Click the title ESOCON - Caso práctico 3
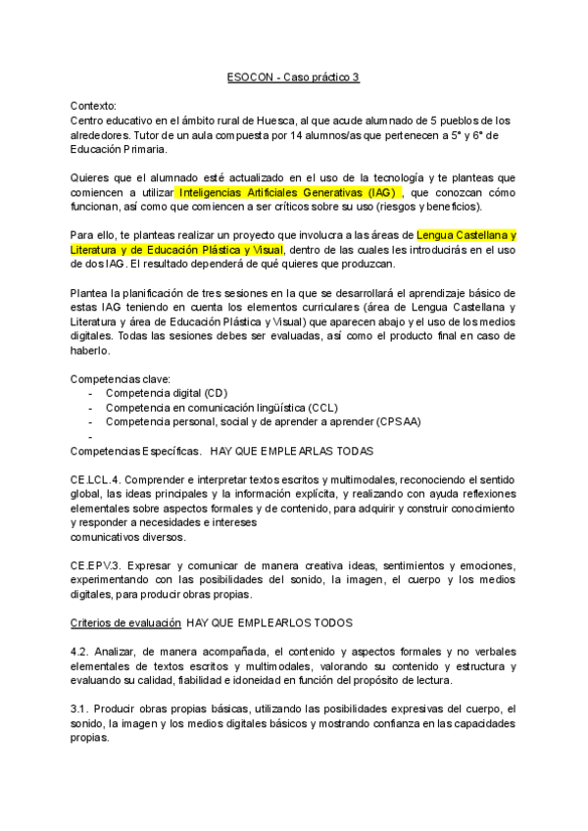pyautogui.click(x=293, y=75)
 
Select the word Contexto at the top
pyautogui.click(x=93, y=105)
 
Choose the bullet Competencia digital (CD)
pyautogui.click(x=166, y=393)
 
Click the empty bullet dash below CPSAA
pyautogui.click(x=90, y=436)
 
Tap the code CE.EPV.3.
pyautogui.click(x=96, y=565)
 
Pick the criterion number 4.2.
pyautogui.click(x=79, y=652)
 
